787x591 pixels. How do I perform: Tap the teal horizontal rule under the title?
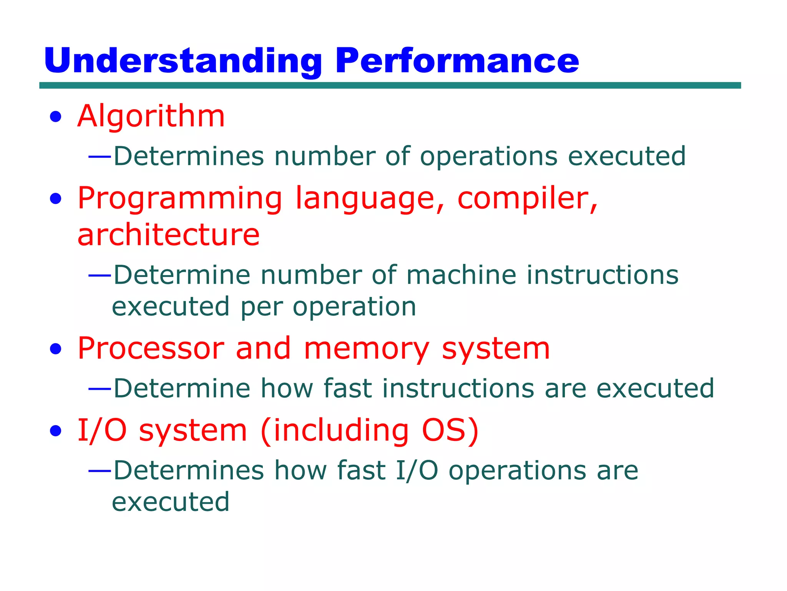[x=390, y=85]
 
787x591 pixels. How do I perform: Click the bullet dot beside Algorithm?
[x=56, y=117]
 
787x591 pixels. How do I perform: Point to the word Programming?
[x=180, y=199]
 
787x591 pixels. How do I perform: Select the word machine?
[x=461, y=275]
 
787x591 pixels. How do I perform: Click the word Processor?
[x=151, y=349]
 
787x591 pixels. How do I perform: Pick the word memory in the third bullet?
[x=366, y=349]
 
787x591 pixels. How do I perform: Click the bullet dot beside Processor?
[x=56, y=349]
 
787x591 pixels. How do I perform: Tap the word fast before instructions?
[x=347, y=388]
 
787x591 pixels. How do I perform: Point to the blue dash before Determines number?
[x=100, y=157]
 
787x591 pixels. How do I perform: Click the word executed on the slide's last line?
[x=171, y=502]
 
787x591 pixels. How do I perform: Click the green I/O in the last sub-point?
[x=417, y=471]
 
